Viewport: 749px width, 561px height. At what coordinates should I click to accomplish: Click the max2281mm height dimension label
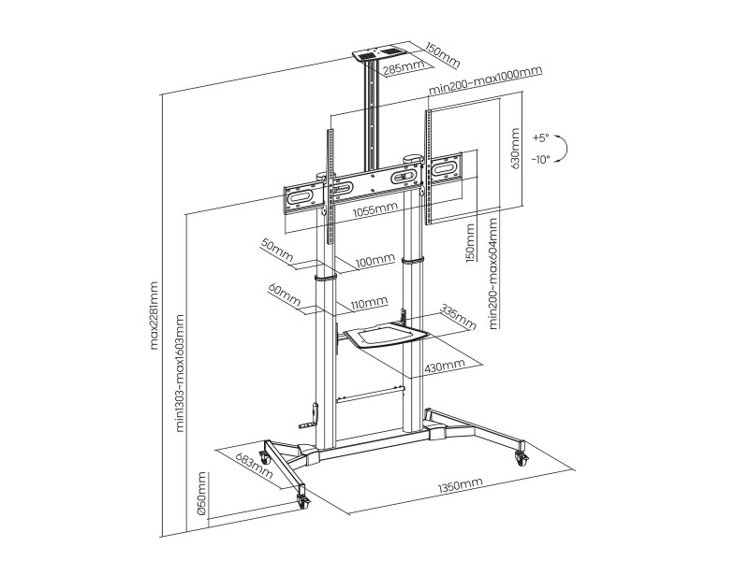pyautogui.click(x=154, y=315)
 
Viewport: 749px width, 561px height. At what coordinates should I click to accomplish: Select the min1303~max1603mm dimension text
pyautogui.click(x=180, y=373)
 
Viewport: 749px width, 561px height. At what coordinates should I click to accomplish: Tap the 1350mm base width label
pyautogui.click(x=460, y=485)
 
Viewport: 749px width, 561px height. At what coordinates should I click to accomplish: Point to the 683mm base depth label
pyautogui.click(x=254, y=464)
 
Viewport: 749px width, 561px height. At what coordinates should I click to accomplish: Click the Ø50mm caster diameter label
pyautogui.click(x=201, y=494)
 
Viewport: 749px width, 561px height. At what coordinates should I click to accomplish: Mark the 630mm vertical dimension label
pyautogui.click(x=514, y=148)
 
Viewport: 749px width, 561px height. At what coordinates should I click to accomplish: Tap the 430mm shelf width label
pyautogui.click(x=444, y=367)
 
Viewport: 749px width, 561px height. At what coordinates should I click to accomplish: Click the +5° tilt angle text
pyautogui.click(x=541, y=137)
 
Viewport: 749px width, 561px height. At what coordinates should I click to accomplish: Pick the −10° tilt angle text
pyautogui.click(x=540, y=159)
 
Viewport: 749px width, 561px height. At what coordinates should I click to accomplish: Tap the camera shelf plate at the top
pyautogui.click(x=380, y=51)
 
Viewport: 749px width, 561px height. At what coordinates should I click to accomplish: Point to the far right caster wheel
pyautogui.click(x=521, y=458)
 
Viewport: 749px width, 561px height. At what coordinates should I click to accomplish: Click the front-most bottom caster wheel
pyautogui.click(x=302, y=500)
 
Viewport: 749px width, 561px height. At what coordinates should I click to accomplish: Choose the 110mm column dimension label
pyautogui.click(x=369, y=302)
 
